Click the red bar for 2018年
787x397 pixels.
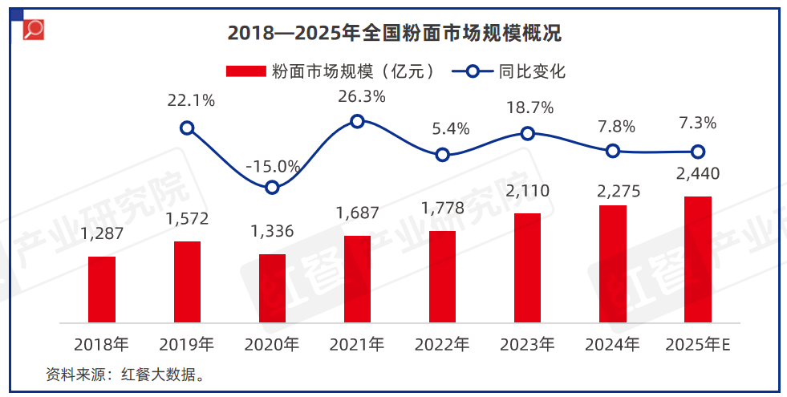point(102,290)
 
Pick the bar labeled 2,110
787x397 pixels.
point(527,268)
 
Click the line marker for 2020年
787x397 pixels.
point(272,187)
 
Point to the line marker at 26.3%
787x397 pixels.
point(358,121)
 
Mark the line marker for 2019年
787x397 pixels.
point(187,128)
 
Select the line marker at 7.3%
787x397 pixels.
point(698,152)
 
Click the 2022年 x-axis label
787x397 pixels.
point(442,345)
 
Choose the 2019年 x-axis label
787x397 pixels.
point(187,345)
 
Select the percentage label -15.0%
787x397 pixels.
point(273,167)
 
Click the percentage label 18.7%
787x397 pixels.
point(527,107)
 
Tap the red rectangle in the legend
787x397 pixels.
point(245,71)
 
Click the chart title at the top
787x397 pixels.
point(393,34)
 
